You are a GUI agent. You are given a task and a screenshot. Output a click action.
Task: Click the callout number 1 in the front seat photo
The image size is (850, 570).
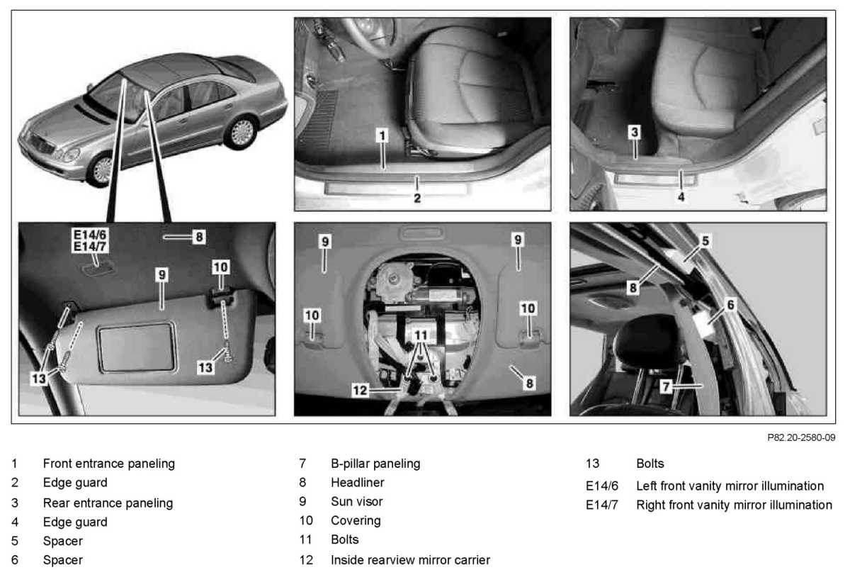coord(381,134)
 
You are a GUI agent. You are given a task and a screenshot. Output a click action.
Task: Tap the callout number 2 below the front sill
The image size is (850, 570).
coord(417,198)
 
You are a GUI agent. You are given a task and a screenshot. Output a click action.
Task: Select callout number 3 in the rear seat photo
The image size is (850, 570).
coord(635,132)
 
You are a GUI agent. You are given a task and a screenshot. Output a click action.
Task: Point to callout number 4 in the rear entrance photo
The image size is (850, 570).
coord(681,197)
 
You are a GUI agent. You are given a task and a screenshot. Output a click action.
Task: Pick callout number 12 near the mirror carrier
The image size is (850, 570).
coord(361,389)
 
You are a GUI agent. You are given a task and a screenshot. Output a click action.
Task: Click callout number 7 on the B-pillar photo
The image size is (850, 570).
coord(665,387)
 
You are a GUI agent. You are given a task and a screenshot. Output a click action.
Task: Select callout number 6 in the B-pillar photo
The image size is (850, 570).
coord(731,304)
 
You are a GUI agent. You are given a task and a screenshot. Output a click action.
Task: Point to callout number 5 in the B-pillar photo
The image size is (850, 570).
coord(705,240)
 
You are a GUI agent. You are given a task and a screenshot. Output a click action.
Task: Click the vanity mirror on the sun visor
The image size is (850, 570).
coord(137,347)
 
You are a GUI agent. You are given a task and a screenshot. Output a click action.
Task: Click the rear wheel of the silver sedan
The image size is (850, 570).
coord(242,132)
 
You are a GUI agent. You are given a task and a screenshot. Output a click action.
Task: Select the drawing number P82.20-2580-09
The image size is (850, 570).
coord(801,437)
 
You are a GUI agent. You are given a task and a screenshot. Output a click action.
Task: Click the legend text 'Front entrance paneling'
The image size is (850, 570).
coord(108,464)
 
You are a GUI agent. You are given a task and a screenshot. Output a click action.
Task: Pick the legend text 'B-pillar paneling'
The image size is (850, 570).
coord(375,464)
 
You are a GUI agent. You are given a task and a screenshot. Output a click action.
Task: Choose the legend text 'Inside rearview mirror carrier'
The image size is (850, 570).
coord(410,560)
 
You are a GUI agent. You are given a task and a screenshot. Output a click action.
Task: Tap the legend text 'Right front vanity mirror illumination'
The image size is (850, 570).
coord(734,505)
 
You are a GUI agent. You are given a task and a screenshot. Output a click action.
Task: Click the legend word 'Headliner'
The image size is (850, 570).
coord(358,483)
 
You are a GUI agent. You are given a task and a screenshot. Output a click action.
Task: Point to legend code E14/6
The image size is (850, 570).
coord(602,486)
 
